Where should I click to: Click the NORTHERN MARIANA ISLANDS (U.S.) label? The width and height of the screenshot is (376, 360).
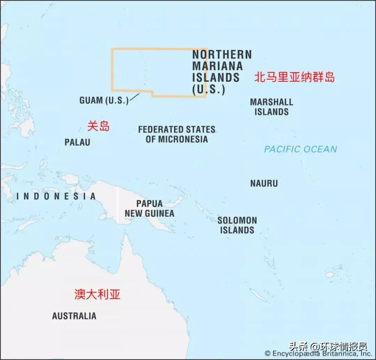pyautogui.click(x=222, y=72)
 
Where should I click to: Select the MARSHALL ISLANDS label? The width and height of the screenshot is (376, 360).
pyautogui.click(x=272, y=107)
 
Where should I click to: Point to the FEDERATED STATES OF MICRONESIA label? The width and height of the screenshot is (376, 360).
pyautogui.click(x=177, y=135)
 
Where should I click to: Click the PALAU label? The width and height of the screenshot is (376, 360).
pyautogui.click(x=77, y=142)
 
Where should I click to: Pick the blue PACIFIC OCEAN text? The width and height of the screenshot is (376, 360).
pyautogui.click(x=300, y=150)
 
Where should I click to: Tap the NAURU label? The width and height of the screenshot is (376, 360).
pyautogui.click(x=264, y=183)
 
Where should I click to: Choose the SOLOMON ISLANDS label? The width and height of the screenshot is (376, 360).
pyautogui.click(x=237, y=225)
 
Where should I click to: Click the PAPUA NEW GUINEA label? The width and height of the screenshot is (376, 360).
pyautogui.click(x=149, y=208)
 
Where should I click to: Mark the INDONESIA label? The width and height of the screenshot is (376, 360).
pyautogui.click(x=56, y=197)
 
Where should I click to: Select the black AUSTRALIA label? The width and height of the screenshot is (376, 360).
pyautogui.click(x=74, y=316)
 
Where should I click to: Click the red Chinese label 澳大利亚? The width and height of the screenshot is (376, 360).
pyautogui.click(x=97, y=294)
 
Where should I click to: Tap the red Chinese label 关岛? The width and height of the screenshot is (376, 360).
pyautogui.click(x=98, y=126)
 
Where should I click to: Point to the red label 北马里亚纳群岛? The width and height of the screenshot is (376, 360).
pyautogui.click(x=294, y=77)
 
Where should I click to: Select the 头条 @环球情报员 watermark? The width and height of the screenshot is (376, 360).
pyautogui.click(x=328, y=347)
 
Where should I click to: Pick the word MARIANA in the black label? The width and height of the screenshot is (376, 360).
pyautogui.click(x=218, y=66)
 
